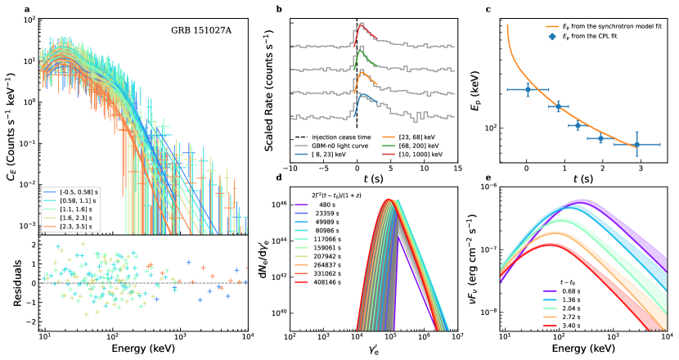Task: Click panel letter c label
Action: [x=488, y=10]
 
